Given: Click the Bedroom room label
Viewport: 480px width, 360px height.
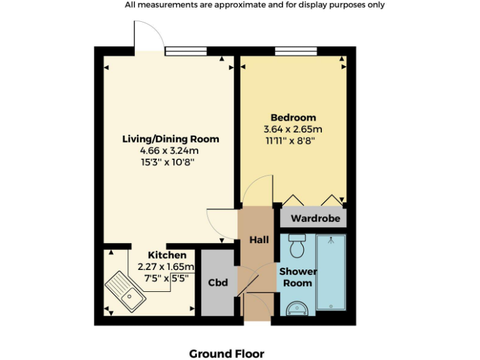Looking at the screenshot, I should [293, 117].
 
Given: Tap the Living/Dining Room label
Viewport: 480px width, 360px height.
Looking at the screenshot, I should [170, 139].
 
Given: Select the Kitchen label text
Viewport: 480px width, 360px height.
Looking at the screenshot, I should [167, 255].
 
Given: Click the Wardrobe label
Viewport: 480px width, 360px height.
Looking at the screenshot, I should [316, 218].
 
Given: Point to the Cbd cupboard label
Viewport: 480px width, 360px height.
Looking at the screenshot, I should [217, 282].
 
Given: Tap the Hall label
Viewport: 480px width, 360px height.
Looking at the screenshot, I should [259, 240].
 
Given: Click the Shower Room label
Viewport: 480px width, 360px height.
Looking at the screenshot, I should [297, 277].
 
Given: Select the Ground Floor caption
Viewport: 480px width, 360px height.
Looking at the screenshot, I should [226, 354].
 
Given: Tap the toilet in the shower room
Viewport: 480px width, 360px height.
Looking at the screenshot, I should [297, 246].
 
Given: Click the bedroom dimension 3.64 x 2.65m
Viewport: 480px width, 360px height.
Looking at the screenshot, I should [293, 129].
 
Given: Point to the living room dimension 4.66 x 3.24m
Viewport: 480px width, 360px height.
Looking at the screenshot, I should [170, 151].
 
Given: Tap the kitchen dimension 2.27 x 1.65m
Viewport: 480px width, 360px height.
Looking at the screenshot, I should [166, 267].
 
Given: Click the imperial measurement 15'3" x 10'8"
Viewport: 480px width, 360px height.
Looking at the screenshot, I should [170, 162].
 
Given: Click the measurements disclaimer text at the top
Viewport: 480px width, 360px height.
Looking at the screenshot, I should [254, 5].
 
